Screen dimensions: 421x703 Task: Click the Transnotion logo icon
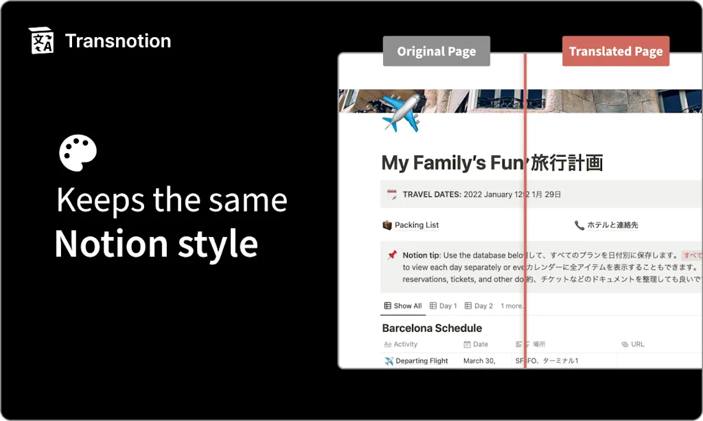[41, 41]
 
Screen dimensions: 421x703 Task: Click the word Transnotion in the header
[117, 41]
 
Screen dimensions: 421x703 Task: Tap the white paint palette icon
[78, 152]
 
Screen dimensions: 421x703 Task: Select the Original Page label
[436, 52]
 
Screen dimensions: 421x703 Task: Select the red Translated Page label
[615, 52]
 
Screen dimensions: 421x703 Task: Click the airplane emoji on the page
[400, 113]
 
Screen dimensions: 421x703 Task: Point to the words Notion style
[156, 244]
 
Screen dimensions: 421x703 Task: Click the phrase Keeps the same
[172, 200]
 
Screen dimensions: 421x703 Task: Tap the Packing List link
[416, 225]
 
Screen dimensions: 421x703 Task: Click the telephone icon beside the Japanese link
[579, 225]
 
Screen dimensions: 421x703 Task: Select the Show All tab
[403, 306]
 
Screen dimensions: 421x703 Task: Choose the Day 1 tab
[443, 306]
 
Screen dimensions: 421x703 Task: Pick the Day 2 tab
[479, 306]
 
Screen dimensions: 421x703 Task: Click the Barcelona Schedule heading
[432, 328]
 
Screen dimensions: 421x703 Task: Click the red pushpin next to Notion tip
[391, 255]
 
